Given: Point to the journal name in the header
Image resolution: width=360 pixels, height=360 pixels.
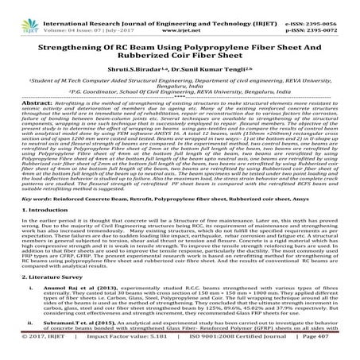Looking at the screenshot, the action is click(x=158, y=6).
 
